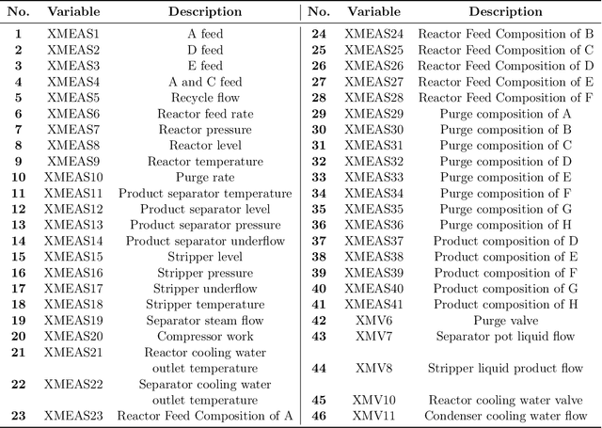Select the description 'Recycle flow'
205,97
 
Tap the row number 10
18,177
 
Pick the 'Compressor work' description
205,336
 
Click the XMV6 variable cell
372,320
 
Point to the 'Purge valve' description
506,320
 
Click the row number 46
318,415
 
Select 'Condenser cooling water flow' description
506,415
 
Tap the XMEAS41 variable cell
372,304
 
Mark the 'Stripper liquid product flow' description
506,368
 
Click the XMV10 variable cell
372,400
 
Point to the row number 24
318,33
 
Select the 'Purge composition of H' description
506,224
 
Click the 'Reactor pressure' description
205,129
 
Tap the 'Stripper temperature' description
205,304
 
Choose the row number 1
18,33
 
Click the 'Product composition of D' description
506,240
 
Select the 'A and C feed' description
205,81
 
